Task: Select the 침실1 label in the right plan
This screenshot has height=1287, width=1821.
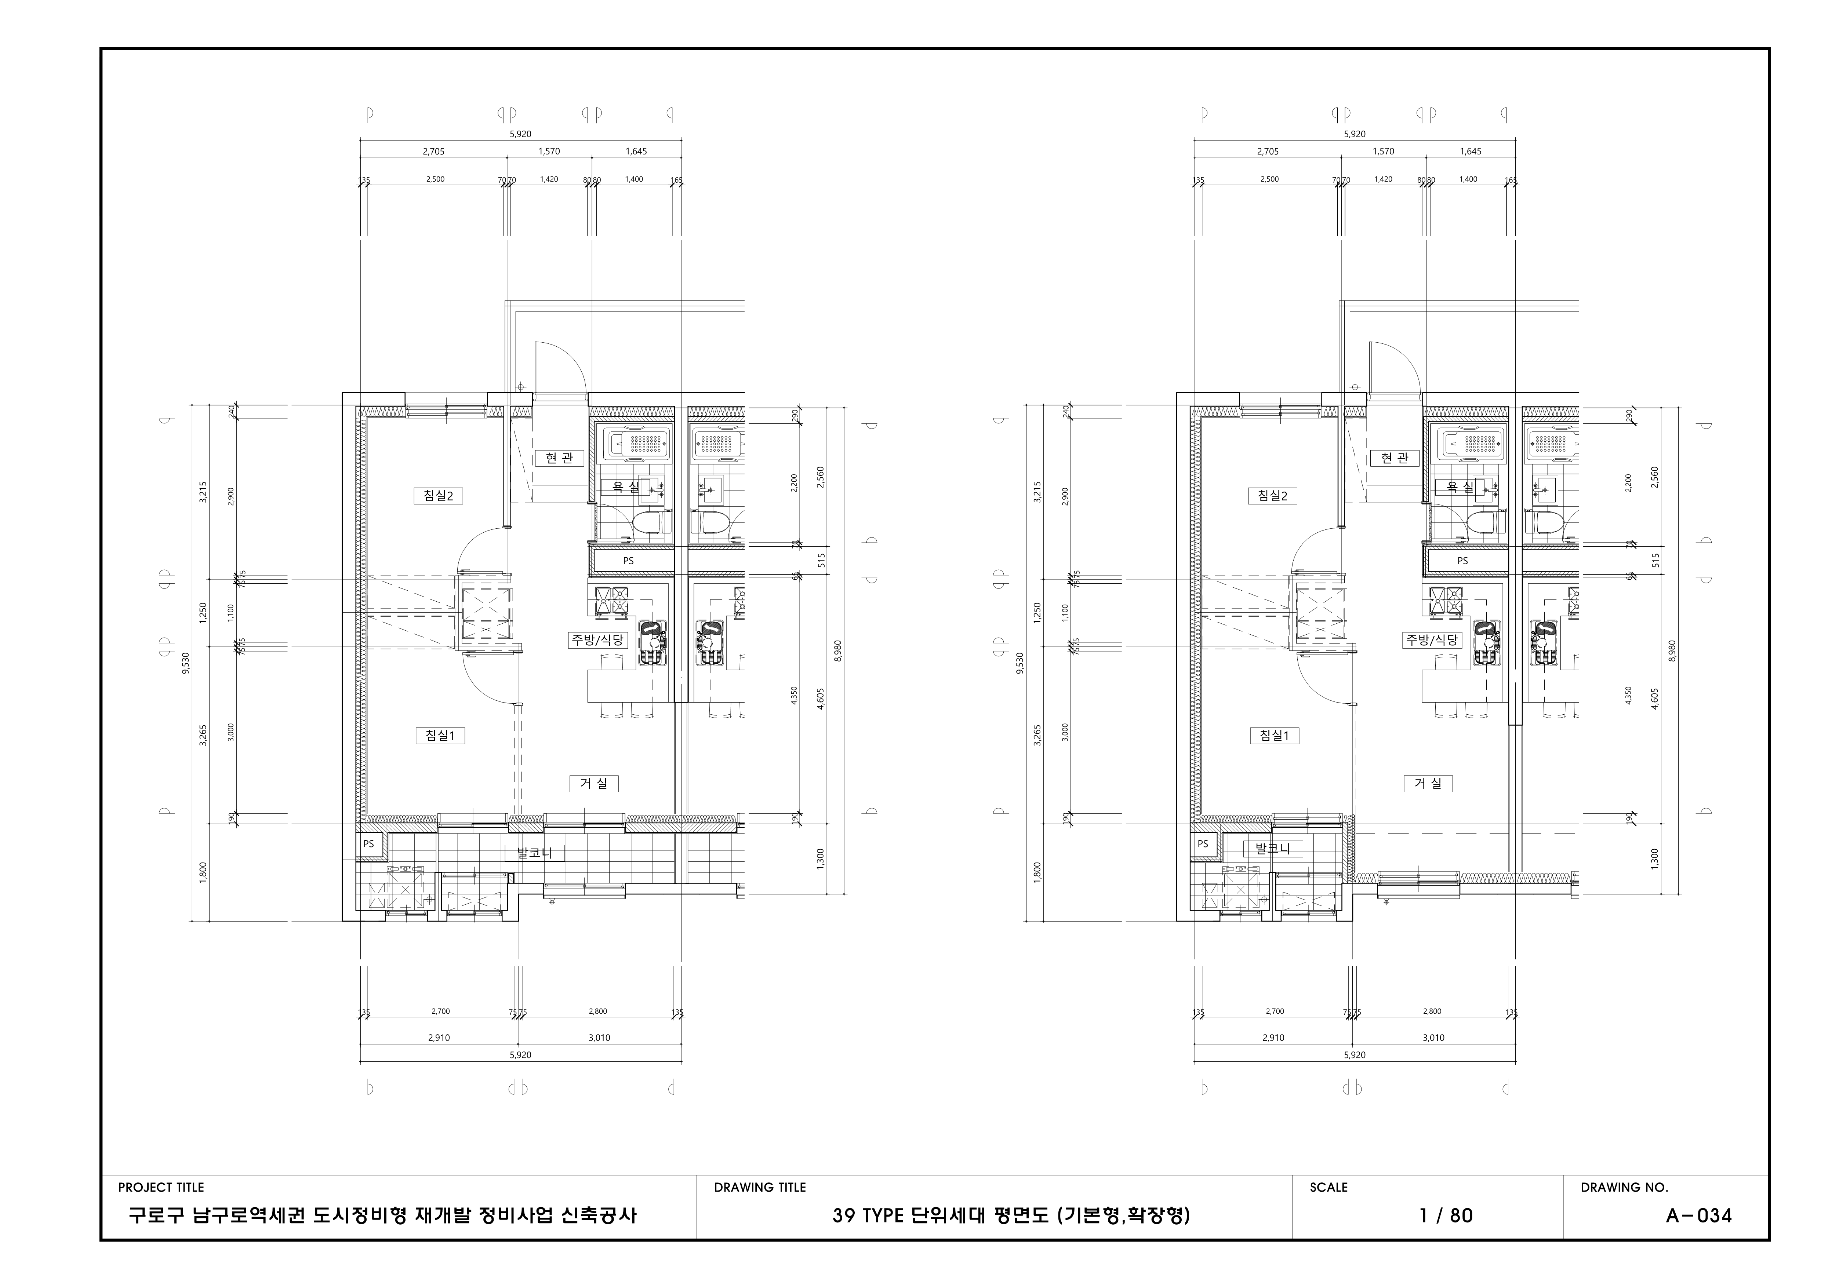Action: (1274, 735)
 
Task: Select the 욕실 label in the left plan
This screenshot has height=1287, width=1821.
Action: (619, 487)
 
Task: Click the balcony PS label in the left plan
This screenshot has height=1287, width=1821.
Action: (369, 844)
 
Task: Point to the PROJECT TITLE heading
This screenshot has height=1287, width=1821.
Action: (161, 1187)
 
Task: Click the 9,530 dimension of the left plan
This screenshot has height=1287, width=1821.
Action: (186, 663)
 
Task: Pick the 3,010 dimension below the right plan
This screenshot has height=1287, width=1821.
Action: (1433, 1037)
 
